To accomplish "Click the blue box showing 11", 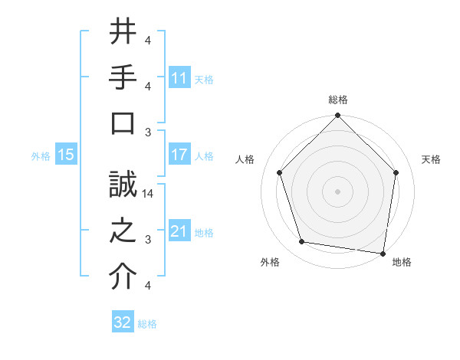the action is point(179,78).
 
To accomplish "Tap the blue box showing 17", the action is point(179,155).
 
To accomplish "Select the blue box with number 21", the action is point(179,231).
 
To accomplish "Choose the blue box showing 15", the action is point(66,155).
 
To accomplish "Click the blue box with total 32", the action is point(123,322).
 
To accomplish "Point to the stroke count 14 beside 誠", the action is point(148,194).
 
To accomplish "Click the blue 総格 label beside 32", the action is point(148,324).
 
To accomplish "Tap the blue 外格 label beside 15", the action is point(41,155).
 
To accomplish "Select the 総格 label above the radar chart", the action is point(338,100).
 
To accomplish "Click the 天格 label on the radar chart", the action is point(432,159).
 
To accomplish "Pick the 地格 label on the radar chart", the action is point(402,263).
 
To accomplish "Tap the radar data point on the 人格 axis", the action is point(280,172).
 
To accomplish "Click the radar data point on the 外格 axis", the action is point(302,242).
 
